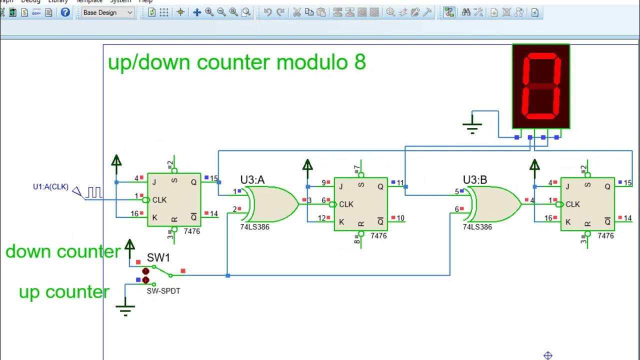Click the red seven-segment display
pyautogui.click(x=541, y=86)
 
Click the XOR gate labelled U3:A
pyautogui.click(x=273, y=204)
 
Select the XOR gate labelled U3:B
pyautogui.click(x=495, y=204)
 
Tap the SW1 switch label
pyautogui.click(x=158, y=258)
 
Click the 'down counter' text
pyautogui.click(x=63, y=251)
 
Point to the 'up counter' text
pyautogui.click(x=64, y=292)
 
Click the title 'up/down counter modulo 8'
pyautogui.click(x=237, y=62)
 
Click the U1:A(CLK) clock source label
pyautogui.click(x=50, y=187)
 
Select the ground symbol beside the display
pyautogui.click(x=471, y=125)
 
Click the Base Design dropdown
pyautogui.click(x=108, y=12)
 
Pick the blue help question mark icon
pyautogui.click(x=65, y=12)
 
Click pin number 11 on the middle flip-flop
pyautogui.click(x=400, y=183)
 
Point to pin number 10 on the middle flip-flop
pyautogui.click(x=400, y=218)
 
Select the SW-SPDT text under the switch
pyautogui.click(x=163, y=291)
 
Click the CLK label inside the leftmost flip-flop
pyautogui.click(x=159, y=200)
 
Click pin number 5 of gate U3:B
pyautogui.click(x=457, y=191)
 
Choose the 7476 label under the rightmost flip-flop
pyautogui.click(x=605, y=235)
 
